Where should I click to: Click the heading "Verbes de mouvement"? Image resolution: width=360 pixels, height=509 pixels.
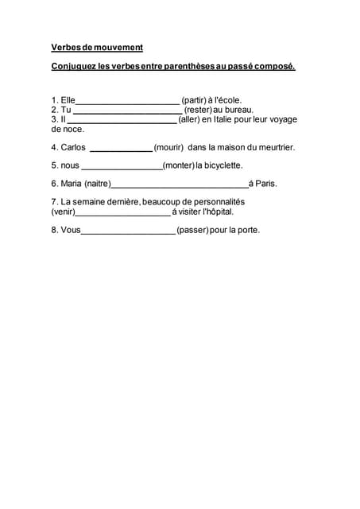coord(97,48)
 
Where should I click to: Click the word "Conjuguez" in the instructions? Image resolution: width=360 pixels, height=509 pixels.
coord(71,66)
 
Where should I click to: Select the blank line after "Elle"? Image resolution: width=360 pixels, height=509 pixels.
coord(128,102)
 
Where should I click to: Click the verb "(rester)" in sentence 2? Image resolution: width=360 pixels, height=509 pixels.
coord(198,110)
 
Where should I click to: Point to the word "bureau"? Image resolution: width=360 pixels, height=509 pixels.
coord(240,110)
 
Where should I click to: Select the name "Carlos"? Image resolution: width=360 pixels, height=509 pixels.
coord(73,147)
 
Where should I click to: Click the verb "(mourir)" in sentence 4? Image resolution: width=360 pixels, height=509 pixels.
coord(168,147)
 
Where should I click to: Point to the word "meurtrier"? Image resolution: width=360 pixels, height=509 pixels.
coord(273,147)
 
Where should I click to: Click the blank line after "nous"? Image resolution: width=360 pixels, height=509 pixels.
coord(122,167)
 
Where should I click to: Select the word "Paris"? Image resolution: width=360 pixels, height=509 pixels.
coord(265,184)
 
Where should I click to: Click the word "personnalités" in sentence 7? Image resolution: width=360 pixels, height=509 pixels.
coord(218,202)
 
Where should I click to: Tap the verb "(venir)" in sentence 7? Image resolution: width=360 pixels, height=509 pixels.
coord(64,212)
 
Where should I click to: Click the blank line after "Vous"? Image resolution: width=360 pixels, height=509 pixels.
coord(128,232)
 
